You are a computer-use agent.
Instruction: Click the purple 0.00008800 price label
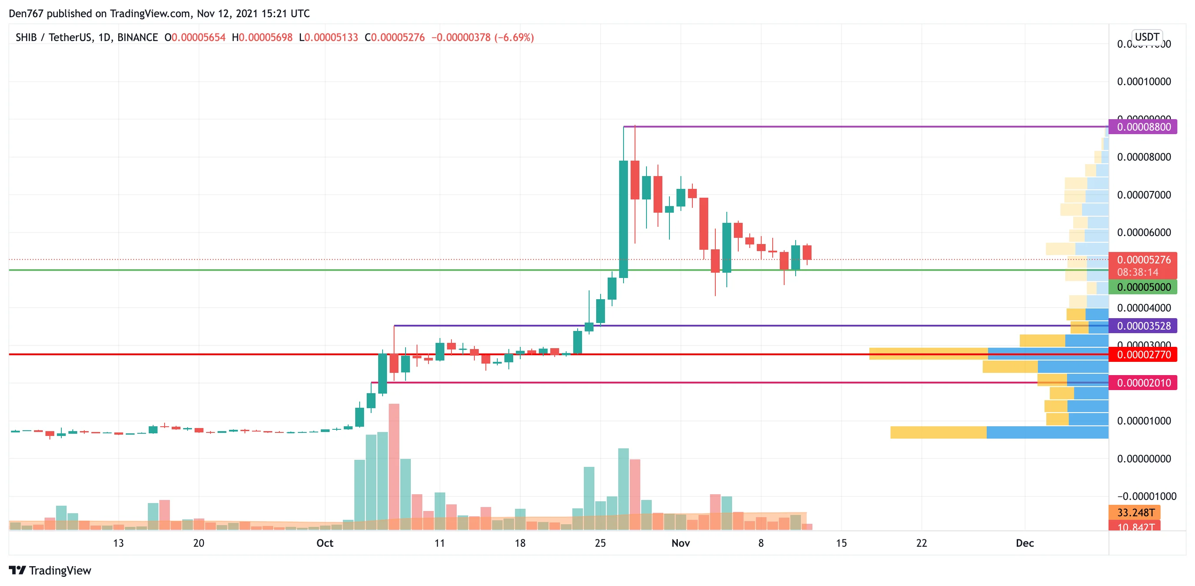1143,127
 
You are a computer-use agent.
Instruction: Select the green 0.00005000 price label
1143,287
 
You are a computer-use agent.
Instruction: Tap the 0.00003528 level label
1143,326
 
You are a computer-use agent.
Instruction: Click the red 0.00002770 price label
1143,354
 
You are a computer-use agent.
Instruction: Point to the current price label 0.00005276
1143,260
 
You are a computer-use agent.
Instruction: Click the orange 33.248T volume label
1135,512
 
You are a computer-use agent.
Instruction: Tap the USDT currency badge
1147,37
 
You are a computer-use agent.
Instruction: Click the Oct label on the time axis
325,543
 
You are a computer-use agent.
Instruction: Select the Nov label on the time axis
680,543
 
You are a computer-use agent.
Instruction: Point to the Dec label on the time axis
1025,543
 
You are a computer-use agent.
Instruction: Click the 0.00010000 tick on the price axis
1143,82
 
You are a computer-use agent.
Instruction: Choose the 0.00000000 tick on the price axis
1143,458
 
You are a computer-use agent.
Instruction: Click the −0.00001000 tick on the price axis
1143,496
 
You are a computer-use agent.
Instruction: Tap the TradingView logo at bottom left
50,570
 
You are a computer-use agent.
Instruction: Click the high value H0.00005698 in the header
262,37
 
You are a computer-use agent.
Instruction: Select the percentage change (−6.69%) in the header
514,37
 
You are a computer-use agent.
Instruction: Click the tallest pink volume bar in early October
394,466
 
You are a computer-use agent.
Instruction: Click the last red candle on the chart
807,252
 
